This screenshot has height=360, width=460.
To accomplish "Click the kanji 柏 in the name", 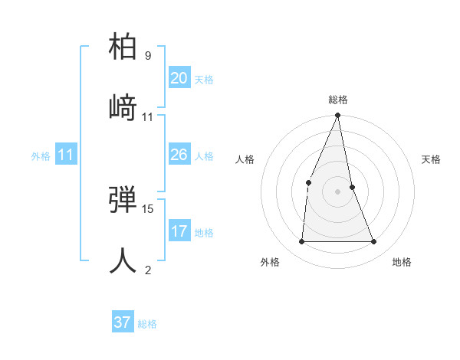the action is tap(123, 47).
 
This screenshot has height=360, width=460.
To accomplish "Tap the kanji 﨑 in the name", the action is tap(123, 106).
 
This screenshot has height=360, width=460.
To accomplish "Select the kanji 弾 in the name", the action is tap(123, 198).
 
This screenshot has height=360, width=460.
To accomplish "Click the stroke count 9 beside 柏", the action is tap(147, 56).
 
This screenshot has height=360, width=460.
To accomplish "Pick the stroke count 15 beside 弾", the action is tap(148, 208).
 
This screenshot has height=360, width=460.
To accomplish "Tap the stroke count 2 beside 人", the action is tap(147, 269).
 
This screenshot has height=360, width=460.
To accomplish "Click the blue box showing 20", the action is tap(179, 78).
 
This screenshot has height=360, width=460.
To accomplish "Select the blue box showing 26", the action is tap(179, 155).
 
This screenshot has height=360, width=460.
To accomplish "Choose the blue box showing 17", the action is tap(179, 231).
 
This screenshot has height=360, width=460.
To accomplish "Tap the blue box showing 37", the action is tap(122, 322).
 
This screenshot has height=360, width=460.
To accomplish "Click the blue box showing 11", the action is tap(66, 155).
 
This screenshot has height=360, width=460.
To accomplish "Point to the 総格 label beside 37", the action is tap(147, 324).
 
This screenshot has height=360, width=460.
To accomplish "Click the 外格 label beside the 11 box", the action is tap(41, 156).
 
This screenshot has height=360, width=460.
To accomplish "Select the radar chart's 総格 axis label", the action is tap(338, 100).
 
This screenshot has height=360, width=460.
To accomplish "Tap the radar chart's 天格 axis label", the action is tap(432, 159).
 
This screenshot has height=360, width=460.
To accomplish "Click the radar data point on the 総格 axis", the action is tap(338, 116).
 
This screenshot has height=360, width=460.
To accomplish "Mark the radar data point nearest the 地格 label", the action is tap(374, 241).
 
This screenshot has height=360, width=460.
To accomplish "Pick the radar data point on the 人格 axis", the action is tap(308, 182).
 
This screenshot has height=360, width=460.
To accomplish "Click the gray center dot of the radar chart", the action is tap(338, 191).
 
